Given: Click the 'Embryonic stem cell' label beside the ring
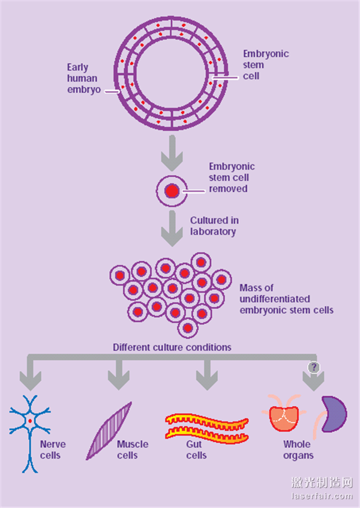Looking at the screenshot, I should (x=265, y=65).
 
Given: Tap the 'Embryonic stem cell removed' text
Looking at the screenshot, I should (x=231, y=178).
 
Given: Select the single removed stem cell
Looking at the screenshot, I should (x=172, y=191).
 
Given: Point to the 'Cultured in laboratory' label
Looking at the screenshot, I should (x=214, y=226).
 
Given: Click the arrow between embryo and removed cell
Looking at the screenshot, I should (x=172, y=154).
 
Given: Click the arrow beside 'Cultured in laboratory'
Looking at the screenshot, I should (x=172, y=229).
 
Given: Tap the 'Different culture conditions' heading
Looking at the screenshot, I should (x=172, y=347).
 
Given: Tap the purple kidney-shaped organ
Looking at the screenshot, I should (x=335, y=413).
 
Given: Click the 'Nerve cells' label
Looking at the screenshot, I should (x=53, y=450).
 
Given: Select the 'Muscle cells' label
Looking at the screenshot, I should (x=133, y=450).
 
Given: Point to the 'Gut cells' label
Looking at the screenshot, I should (x=197, y=450).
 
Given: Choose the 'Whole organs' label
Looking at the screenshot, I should (x=297, y=450).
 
